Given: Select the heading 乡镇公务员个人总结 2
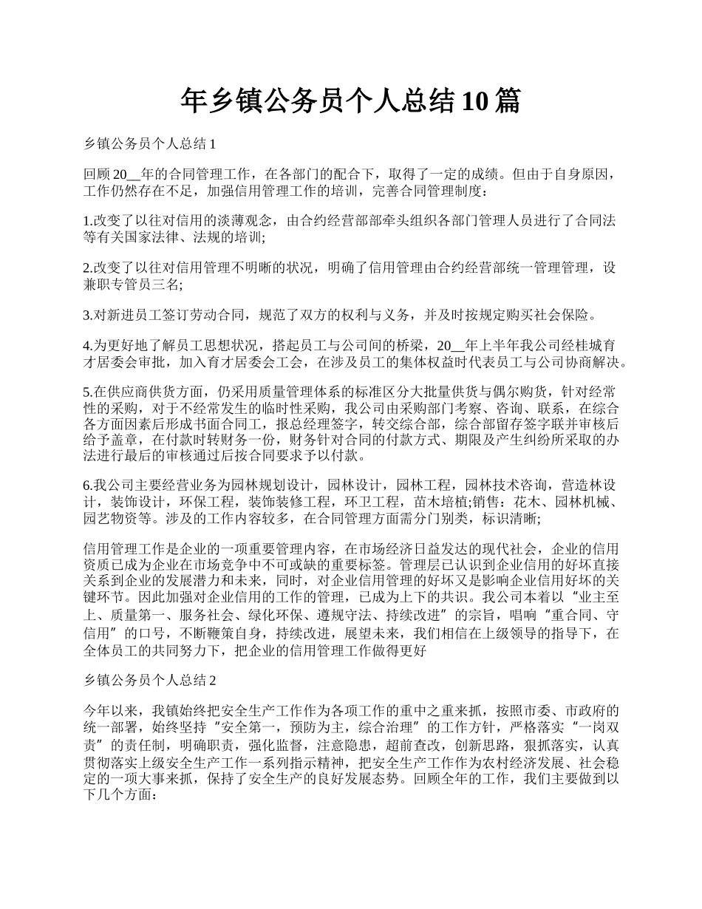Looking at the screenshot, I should [x=149, y=680].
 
